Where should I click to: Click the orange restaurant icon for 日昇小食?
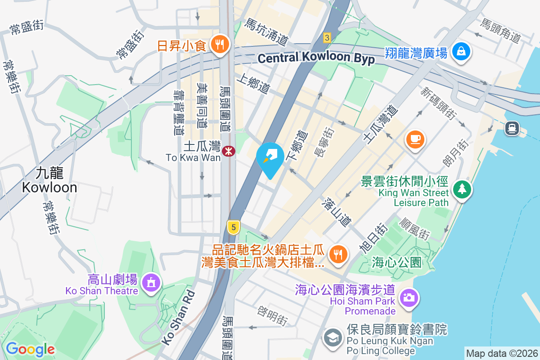220,45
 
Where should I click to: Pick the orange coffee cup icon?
415,139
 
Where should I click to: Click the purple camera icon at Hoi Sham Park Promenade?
409,297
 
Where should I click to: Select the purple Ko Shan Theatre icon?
149,283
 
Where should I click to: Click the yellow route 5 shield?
232,227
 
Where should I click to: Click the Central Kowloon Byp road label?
316,58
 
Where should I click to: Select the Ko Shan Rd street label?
178,317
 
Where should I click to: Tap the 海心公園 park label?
396,262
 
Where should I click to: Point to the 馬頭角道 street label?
500,31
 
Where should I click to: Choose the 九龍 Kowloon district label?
49,180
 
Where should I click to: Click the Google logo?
30,349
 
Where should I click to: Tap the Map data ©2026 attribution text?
501,354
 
